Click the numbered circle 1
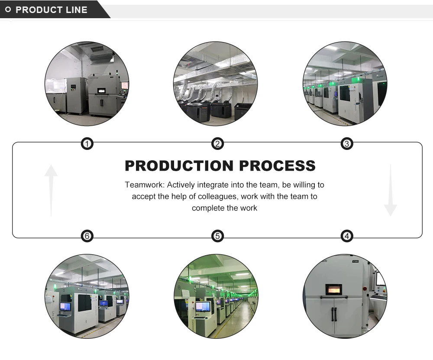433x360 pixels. pyautogui.click(x=87, y=144)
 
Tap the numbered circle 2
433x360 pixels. pyautogui.click(x=217, y=144)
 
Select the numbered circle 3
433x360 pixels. pyautogui.click(x=346, y=144)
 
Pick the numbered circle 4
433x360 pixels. pyautogui.click(x=346, y=236)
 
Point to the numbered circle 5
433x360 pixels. pyautogui.click(x=217, y=236)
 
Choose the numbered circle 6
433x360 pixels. pyautogui.click(x=87, y=236)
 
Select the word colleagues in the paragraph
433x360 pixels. pyautogui.click(x=216, y=196)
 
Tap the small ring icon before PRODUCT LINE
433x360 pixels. pyautogui.click(x=8, y=10)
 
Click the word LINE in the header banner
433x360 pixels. pyautogui.click(x=77, y=10)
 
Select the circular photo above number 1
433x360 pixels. pyautogui.click(x=87, y=84)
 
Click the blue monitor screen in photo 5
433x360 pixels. pyautogui.click(x=203, y=306)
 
